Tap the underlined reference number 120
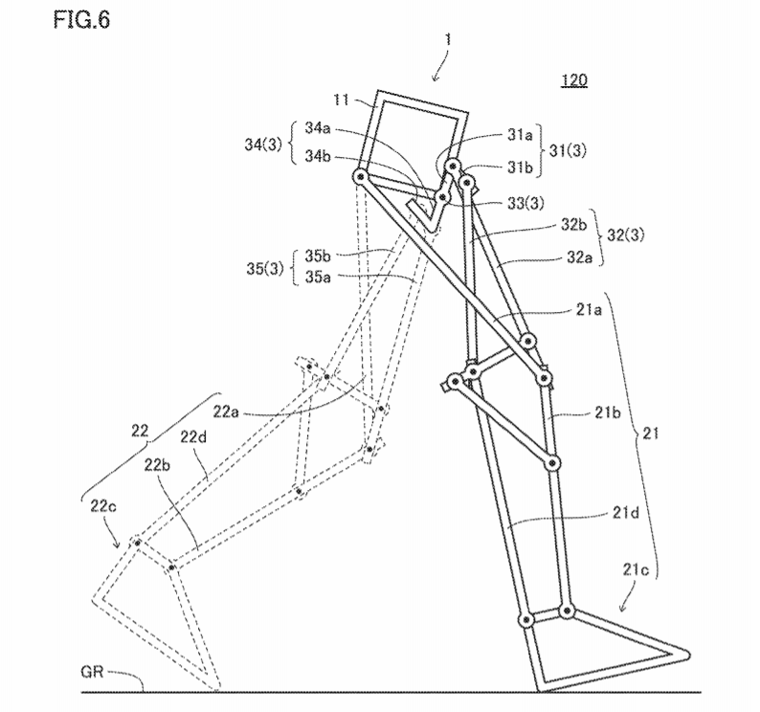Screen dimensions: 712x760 pyautogui.click(x=573, y=80)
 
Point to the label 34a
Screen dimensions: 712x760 pyautogui.click(x=318, y=127)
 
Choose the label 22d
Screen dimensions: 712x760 pyautogui.click(x=195, y=439)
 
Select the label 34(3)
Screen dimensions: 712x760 pyautogui.click(x=265, y=145)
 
